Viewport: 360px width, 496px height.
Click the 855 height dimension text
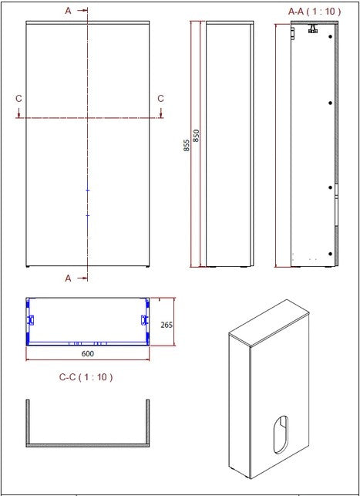click(187, 144)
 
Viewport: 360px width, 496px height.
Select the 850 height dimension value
click(196, 136)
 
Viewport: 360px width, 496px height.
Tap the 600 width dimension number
click(87, 353)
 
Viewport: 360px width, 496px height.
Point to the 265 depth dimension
click(166, 325)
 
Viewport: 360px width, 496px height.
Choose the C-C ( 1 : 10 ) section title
click(86, 377)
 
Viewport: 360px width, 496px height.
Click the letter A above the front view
click(68, 11)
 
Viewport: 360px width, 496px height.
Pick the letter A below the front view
click(68, 278)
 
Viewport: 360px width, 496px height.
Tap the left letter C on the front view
click(19, 98)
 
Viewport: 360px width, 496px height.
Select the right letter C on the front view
click(160, 98)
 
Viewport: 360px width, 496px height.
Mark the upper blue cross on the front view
click(88, 190)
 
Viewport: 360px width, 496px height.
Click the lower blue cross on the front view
click(88, 215)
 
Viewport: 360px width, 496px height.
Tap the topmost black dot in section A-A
click(331, 103)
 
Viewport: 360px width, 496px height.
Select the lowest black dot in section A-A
click(331, 254)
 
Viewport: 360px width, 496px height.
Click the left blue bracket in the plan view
click(31, 319)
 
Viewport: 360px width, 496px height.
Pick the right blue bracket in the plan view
click(144, 319)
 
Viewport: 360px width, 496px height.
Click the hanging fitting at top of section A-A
click(314, 29)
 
